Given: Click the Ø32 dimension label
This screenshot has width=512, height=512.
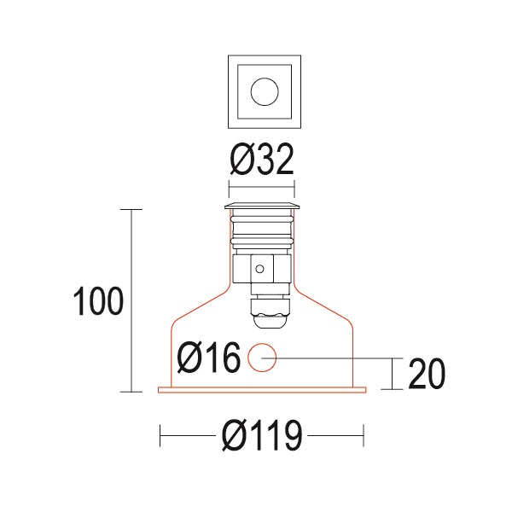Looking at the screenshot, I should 262,160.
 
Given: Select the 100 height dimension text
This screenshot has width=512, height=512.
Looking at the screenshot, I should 98,302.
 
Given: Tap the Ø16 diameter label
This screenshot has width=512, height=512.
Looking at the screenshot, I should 208,358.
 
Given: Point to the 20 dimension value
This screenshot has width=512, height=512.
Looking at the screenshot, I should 427,374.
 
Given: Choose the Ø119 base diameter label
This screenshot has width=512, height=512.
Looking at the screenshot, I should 262,438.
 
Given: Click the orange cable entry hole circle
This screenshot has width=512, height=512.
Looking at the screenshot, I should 262,358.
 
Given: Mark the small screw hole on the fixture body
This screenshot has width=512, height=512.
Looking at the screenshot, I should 259,269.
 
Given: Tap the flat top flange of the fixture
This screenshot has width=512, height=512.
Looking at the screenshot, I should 262,207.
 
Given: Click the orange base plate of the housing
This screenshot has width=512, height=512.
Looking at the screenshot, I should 262,392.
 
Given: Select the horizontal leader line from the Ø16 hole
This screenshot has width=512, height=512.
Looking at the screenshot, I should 333,358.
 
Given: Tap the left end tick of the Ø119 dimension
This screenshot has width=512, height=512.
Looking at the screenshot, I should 160,437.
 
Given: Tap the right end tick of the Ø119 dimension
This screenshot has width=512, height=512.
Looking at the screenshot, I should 364,437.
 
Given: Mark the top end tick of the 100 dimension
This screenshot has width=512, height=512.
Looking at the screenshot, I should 131,208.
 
